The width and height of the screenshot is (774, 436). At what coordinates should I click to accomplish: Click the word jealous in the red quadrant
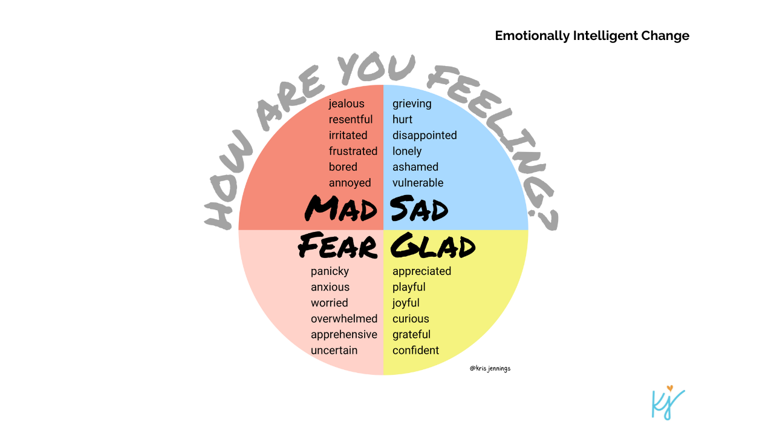[346, 104]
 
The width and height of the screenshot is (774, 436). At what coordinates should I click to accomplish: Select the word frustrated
[353, 151]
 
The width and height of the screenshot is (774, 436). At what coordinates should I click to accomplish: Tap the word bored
[343, 167]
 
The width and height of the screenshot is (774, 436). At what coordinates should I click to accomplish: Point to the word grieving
[412, 104]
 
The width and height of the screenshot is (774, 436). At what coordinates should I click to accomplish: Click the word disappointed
[424, 135]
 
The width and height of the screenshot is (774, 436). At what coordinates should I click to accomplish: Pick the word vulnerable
[418, 182]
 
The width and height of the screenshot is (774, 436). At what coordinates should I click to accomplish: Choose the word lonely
[407, 151]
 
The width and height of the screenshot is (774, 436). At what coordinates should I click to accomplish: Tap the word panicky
[330, 271]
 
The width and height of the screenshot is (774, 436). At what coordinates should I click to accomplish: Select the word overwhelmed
[344, 319]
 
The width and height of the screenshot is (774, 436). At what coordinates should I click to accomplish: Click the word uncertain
[334, 350]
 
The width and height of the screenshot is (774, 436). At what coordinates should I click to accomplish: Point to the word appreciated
[421, 271]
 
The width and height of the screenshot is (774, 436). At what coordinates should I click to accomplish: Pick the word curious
[411, 319]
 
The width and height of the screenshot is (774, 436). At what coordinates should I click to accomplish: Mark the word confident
[415, 350]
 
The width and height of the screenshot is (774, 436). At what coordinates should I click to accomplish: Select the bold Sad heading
[419, 209]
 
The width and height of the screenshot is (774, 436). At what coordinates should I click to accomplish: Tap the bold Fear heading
[338, 246]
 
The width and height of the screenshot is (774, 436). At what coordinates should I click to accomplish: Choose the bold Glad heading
[433, 246]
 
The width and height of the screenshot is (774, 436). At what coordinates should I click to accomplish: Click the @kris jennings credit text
[490, 368]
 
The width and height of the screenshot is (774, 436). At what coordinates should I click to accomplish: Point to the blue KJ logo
[668, 402]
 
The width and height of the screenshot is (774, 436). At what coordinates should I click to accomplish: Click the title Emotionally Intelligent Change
[592, 36]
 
